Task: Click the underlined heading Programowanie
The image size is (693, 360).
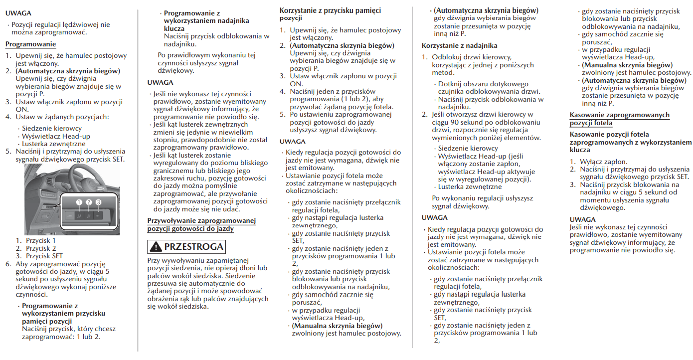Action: coord(27,44)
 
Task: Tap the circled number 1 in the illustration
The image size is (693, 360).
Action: coord(78,202)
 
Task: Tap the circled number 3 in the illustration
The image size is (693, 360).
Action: coord(98,202)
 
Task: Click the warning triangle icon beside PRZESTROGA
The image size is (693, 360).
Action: coord(156,246)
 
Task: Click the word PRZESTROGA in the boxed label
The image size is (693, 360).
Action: coord(193,246)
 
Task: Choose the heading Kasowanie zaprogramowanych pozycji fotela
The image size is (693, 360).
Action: coord(619,119)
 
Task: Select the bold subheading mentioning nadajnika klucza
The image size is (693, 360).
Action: coord(206,21)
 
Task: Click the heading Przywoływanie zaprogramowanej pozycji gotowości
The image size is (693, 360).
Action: coord(201,224)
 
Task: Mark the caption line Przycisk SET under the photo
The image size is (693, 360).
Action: coord(44,255)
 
